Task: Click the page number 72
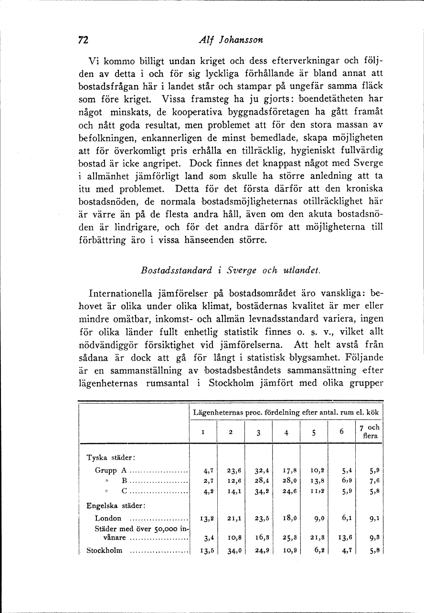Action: point(84,41)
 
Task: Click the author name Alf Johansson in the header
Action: point(230,41)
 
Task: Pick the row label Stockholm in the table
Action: point(104,551)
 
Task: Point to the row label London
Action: point(108,519)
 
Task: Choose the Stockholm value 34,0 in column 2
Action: point(231,550)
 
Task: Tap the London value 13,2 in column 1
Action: point(204,519)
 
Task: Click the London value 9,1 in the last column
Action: point(373,519)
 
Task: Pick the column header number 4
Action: point(286,433)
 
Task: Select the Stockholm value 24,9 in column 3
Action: point(258,550)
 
